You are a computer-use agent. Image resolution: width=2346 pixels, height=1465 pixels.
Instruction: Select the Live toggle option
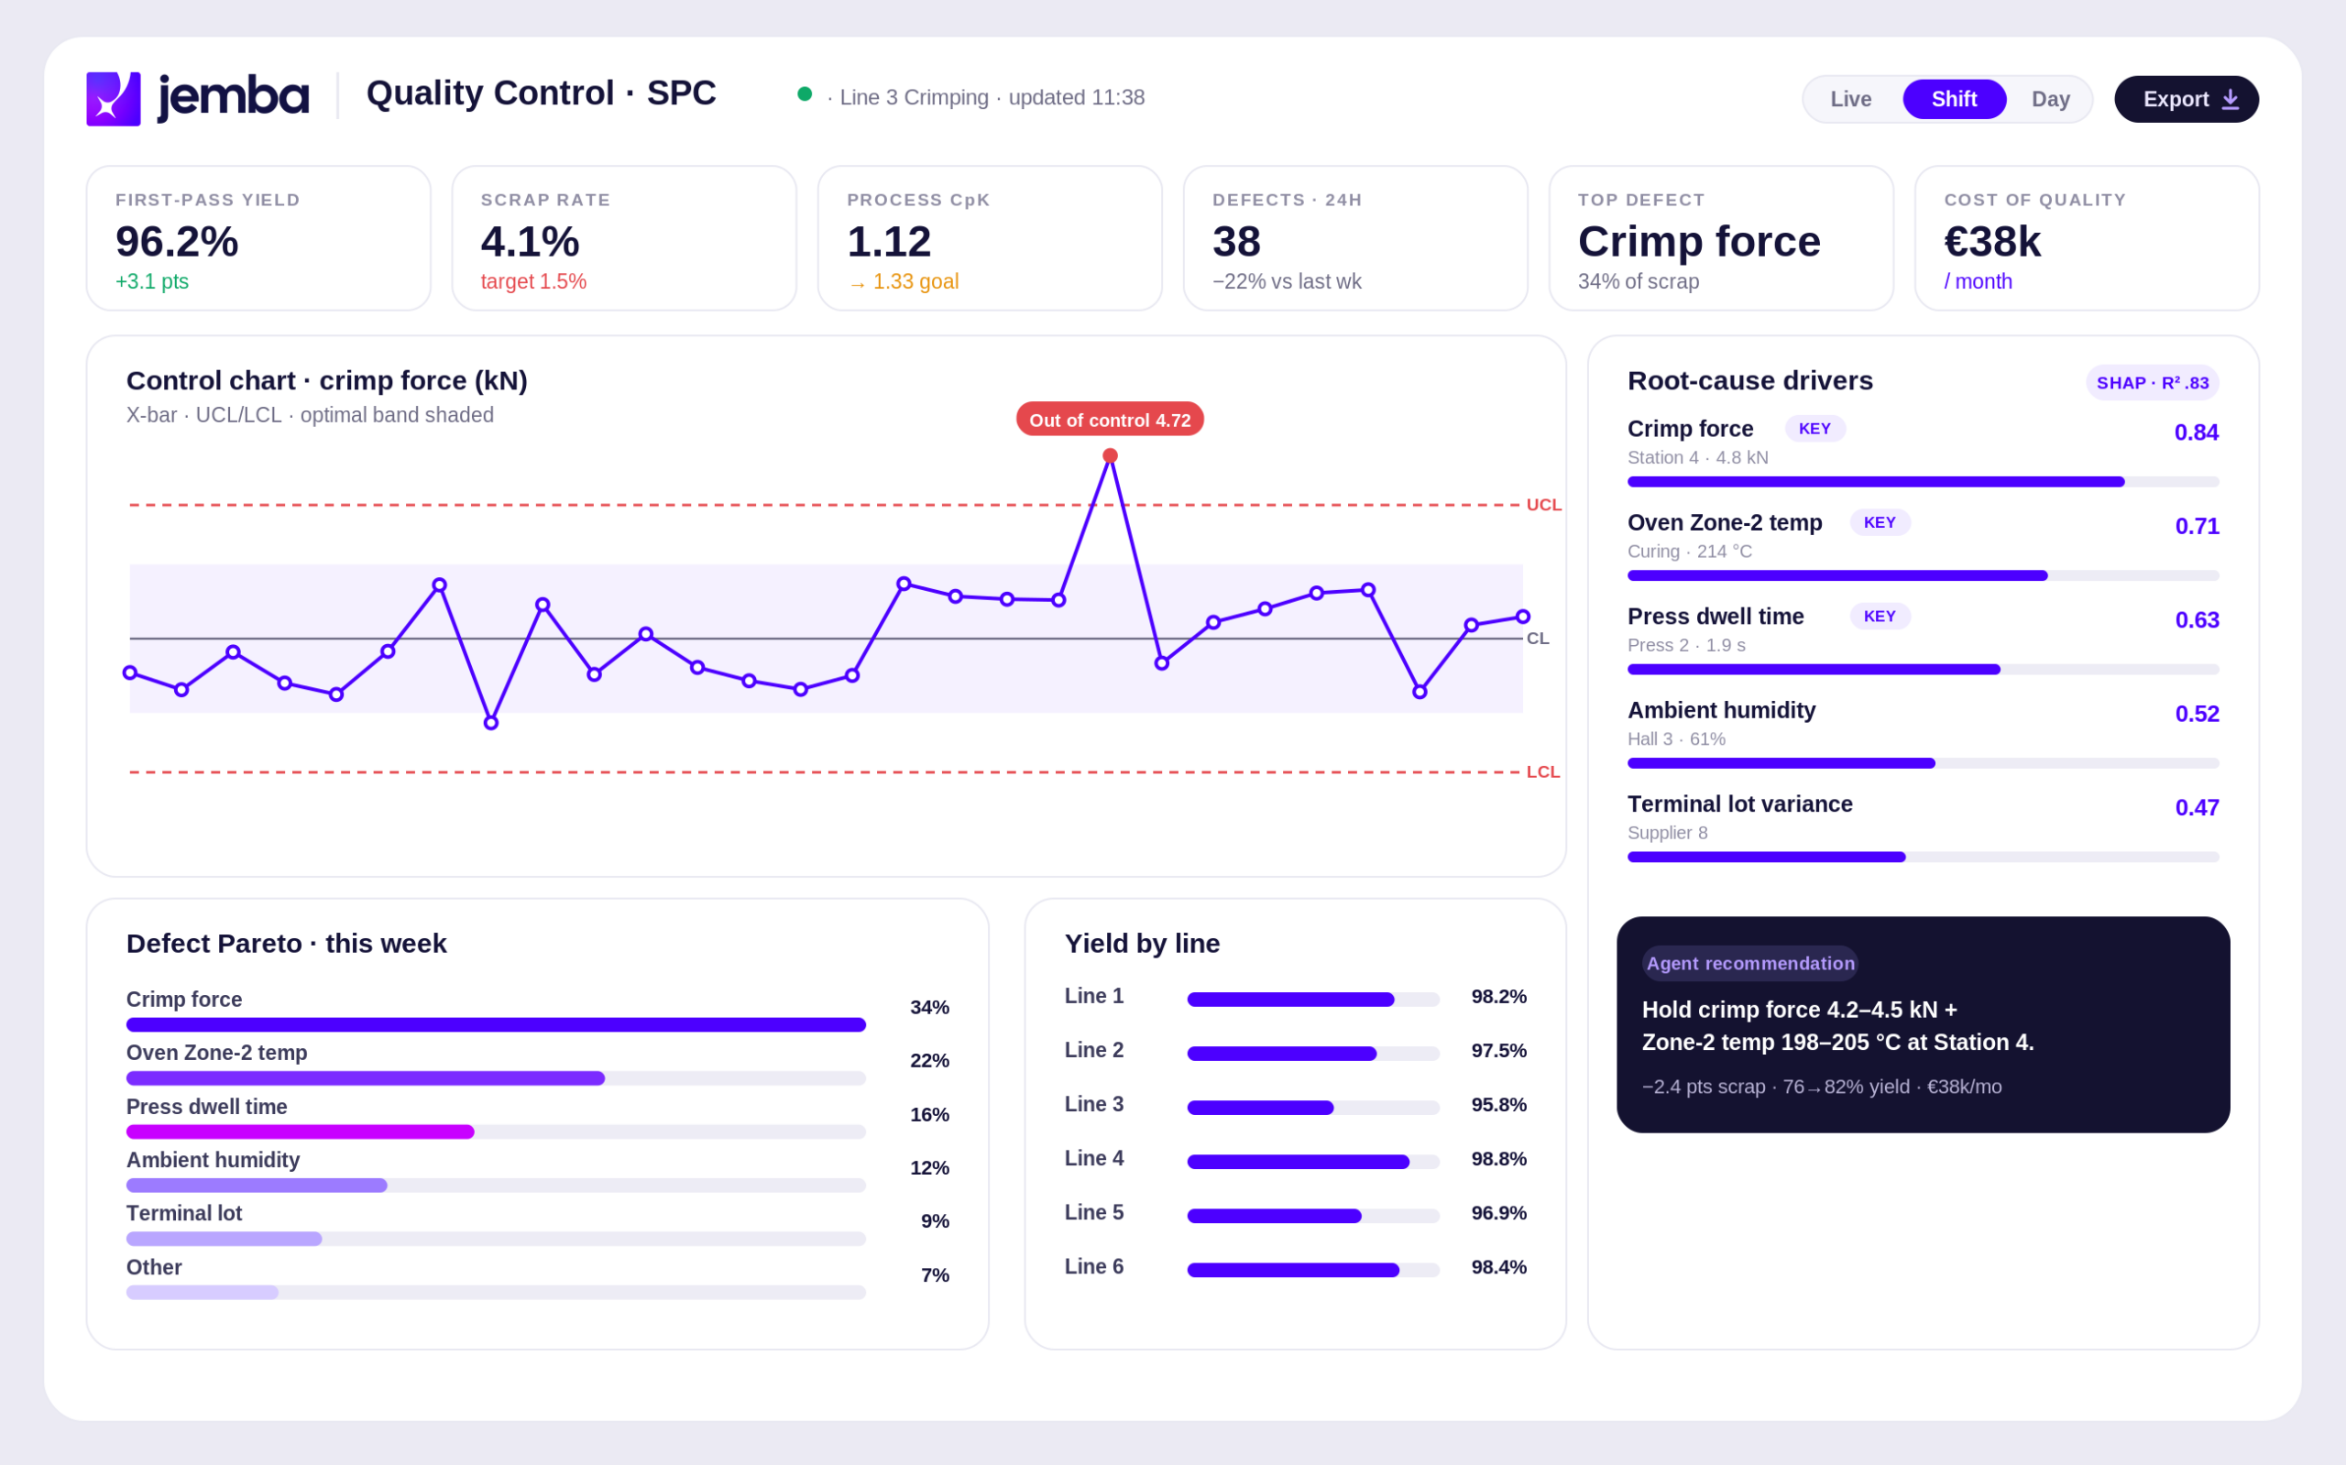[1850, 99]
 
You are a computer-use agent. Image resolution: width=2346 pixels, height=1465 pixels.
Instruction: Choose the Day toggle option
[2049, 99]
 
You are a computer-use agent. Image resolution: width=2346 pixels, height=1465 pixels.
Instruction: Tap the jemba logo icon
[114, 99]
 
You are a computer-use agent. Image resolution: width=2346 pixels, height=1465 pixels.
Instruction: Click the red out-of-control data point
[1110, 455]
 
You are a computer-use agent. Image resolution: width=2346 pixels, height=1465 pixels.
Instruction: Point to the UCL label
[1542, 505]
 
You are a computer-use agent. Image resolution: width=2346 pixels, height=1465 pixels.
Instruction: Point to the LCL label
[1542, 772]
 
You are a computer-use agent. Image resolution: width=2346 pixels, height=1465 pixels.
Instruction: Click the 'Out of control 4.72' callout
[1110, 420]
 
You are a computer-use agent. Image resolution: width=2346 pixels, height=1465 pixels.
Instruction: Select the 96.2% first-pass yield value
[176, 241]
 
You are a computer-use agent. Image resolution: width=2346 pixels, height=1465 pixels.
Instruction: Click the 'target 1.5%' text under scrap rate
[533, 282]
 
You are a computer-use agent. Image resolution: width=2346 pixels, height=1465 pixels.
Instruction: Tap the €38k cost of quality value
[1991, 241]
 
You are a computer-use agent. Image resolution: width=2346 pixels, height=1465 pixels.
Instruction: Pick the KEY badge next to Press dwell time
[1879, 617]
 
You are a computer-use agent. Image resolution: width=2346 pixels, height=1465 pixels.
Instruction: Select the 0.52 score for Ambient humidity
[2196, 714]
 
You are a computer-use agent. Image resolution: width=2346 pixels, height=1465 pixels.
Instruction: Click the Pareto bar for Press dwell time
[301, 1132]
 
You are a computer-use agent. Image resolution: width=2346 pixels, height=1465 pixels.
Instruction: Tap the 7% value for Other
[934, 1275]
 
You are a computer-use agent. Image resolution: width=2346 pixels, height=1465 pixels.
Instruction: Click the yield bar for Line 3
[1260, 1108]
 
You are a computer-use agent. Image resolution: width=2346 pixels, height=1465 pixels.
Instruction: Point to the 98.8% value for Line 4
[1498, 1159]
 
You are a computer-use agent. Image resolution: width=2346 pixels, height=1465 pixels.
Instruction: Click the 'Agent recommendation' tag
[1749, 963]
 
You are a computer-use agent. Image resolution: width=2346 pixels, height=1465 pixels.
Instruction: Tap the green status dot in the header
[805, 94]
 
